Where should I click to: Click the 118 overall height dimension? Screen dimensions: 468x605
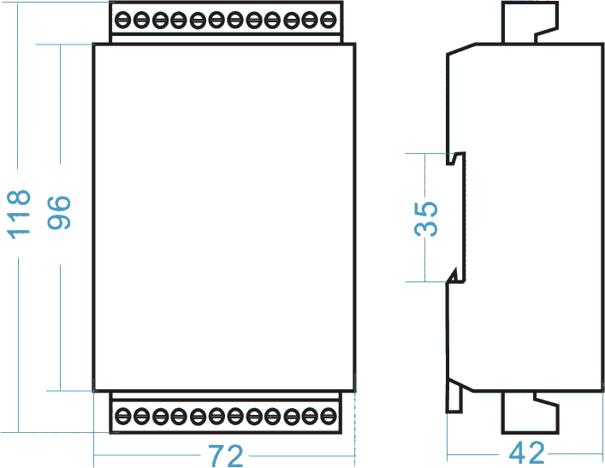pos(19,214)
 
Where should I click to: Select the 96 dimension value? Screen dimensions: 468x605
pos(59,213)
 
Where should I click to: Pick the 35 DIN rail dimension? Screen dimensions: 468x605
pos(425,218)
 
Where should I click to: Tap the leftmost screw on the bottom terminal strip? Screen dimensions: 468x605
pos(122,416)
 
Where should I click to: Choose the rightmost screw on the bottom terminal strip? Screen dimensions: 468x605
pos(328,416)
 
